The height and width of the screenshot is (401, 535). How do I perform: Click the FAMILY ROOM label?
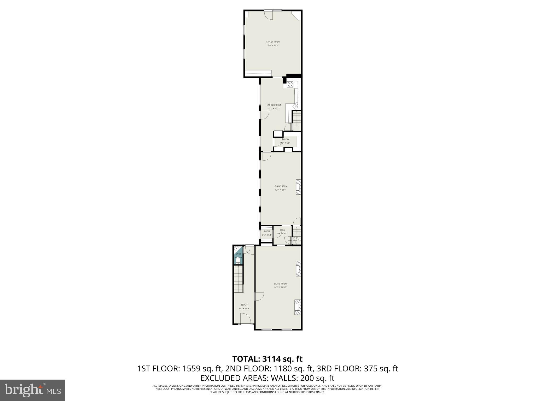tap(273, 42)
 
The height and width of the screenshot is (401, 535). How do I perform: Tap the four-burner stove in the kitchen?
tap(290, 85)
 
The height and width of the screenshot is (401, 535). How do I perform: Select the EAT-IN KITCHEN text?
tap(274, 105)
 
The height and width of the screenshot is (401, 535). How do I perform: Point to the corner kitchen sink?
tap(295, 106)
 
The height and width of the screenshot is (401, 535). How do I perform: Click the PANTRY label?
tap(285, 139)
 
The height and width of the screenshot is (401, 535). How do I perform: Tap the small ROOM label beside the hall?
tap(267, 231)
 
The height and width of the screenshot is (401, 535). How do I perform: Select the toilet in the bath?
tap(238, 262)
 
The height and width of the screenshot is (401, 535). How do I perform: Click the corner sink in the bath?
tap(237, 249)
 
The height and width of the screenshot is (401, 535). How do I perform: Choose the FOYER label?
tap(244, 305)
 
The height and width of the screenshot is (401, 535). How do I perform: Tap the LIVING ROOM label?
tap(280, 284)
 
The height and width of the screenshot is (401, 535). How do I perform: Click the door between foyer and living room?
tap(259, 296)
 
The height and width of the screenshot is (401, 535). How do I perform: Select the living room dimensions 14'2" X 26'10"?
tap(280, 287)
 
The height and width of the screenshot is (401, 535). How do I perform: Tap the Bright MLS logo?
tap(33, 390)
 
